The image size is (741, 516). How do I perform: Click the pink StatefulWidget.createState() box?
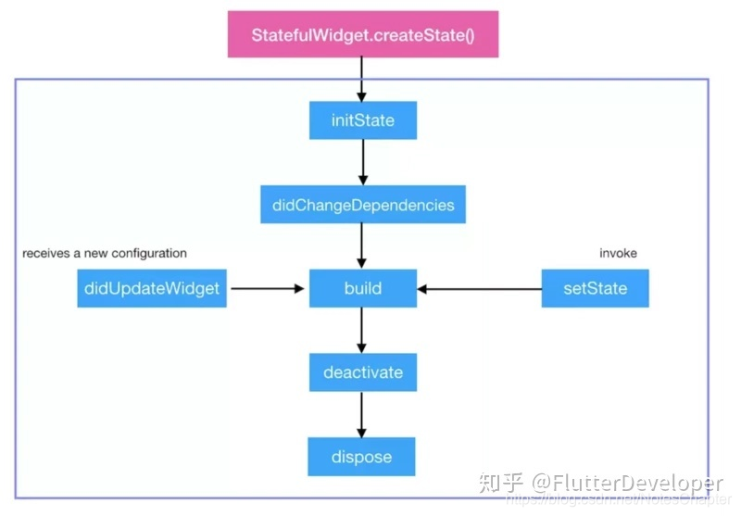(x=362, y=35)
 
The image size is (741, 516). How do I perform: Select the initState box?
(x=362, y=120)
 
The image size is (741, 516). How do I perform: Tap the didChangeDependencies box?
(x=362, y=205)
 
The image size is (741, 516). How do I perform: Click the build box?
(x=362, y=288)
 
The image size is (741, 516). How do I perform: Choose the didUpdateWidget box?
(x=152, y=288)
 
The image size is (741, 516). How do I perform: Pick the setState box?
(x=595, y=288)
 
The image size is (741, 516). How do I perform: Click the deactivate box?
(x=362, y=372)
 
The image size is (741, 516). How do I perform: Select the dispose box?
(x=362, y=457)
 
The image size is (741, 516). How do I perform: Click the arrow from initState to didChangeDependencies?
(x=362, y=163)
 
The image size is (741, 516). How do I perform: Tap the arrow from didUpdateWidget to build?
(x=267, y=289)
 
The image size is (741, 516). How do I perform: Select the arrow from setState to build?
(x=479, y=289)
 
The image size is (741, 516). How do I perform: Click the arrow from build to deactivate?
(x=362, y=331)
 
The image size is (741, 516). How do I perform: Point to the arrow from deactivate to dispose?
(x=362, y=414)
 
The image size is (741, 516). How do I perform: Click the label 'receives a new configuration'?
(x=105, y=253)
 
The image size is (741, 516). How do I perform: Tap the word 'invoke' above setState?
(x=618, y=253)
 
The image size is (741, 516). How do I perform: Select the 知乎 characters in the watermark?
(x=501, y=483)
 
